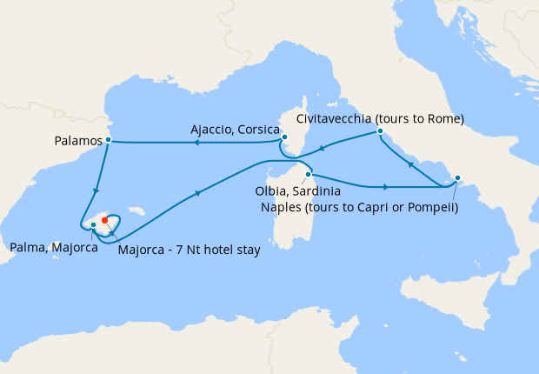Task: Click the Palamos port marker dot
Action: pos(108,139)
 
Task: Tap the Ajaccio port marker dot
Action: pos(284,137)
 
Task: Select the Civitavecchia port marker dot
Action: pos(380,132)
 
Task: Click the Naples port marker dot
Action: pos(458,179)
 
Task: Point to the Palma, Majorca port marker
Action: pos(93,225)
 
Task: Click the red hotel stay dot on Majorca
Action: pos(104,219)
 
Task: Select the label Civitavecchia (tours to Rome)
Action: pos(380,117)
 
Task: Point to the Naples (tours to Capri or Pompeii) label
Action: pos(360,207)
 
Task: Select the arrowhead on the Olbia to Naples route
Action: pos(384,186)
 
